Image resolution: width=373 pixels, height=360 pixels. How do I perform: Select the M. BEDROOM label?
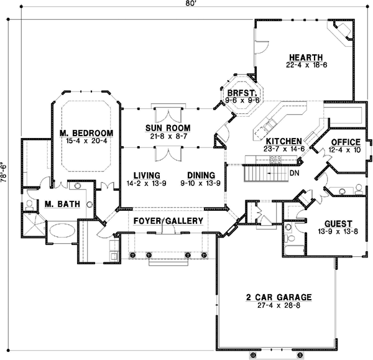[86, 133]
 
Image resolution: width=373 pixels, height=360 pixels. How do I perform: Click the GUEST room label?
[338, 223]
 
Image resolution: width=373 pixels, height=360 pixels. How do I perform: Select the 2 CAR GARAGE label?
[278, 297]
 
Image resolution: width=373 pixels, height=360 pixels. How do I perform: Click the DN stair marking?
[294, 172]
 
